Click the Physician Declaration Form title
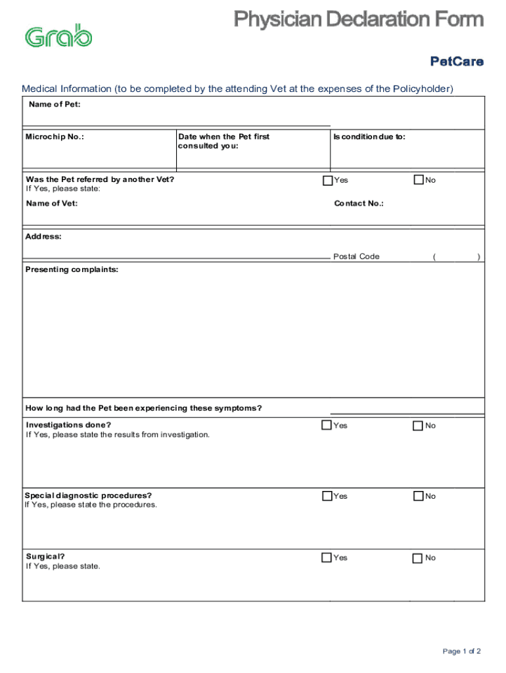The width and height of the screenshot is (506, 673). pos(359,20)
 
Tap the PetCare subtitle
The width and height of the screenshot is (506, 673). pos(457,62)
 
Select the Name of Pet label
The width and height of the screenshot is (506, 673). pos(55,104)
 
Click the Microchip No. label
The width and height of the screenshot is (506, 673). pos(55,137)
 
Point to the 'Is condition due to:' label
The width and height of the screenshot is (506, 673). pos(369,137)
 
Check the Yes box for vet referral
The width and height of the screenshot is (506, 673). pos(327,180)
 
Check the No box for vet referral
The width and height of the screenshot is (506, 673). pos(419,180)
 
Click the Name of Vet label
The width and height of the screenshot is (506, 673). pos(52,203)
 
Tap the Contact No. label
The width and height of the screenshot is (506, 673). pos(359,203)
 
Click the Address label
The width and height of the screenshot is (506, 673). pos(44,236)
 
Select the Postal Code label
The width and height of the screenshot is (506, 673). pos(356,256)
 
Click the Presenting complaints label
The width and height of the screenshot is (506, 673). pos(72,269)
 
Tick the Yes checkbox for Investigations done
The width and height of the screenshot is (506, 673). pos(327,425)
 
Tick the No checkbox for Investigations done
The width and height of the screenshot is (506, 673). pos(418,426)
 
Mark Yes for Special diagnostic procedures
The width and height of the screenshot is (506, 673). pos(327,496)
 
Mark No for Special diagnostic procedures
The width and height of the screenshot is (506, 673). pos(418,496)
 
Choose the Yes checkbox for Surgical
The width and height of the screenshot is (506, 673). pos(327,557)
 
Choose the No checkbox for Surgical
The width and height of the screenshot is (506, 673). pos(418,558)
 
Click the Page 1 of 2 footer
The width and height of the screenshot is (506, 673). pos(462,651)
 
